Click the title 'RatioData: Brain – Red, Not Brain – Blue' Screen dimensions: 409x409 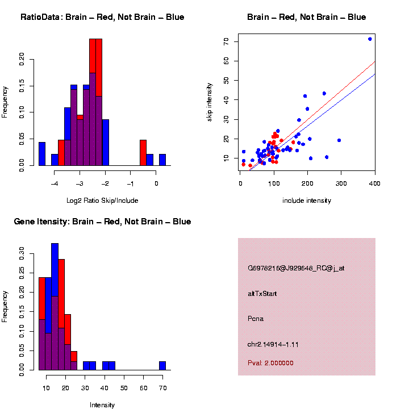click(x=102, y=17)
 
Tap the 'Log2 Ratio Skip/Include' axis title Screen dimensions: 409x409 click(x=102, y=201)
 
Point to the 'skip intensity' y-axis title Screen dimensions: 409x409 click(x=210, y=100)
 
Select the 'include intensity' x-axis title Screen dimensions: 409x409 click(x=307, y=201)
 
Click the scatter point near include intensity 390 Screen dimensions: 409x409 click(x=370, y=39)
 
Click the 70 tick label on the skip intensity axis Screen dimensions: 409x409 click(x=226, y=41)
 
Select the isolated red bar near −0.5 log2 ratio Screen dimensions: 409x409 click(x=143, y=152)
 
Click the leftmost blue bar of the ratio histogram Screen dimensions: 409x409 click(x=42, y=153)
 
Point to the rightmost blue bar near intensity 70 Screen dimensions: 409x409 click(x=162, y=365)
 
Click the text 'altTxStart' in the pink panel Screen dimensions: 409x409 click(x=262, y=294)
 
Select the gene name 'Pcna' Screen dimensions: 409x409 click(x=256, y=319)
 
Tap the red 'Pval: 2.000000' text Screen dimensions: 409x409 click(x=271, y=363)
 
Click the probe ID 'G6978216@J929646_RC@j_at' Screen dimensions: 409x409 click(x=296, y=268)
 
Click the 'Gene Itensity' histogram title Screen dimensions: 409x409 click(x=102, y=222)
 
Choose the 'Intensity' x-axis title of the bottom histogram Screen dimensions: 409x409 click(x=102, y=405)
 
